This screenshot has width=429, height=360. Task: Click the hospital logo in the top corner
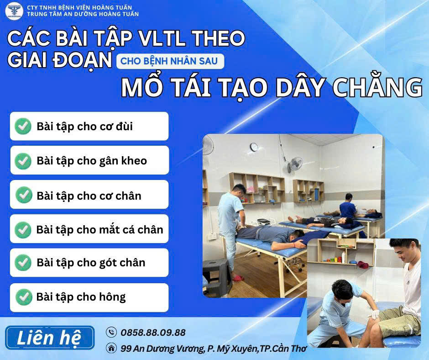pos(14,11)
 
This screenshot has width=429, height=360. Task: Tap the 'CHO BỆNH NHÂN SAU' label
pos(169,61)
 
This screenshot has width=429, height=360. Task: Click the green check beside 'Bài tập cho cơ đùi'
pos(23,126)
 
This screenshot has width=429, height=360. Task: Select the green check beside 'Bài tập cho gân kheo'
pos(23,161)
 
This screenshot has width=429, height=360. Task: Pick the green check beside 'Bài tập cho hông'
pos(24,297)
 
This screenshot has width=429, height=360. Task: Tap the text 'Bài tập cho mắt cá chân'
pos(100,230)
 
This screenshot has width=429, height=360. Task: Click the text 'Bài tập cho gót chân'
pos(91,263)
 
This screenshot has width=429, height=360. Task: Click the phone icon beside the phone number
pos(111,332)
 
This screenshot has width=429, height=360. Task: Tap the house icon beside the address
pos(111,348)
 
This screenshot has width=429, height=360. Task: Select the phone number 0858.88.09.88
pos(153,333)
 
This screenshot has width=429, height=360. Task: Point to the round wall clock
pos(254,147)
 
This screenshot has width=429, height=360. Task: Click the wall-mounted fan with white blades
pos(294,165)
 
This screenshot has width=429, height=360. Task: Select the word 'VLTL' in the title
pos(162,38)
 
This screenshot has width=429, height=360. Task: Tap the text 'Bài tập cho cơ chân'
pos(89,196)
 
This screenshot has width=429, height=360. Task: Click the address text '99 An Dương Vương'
pos(162,349)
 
